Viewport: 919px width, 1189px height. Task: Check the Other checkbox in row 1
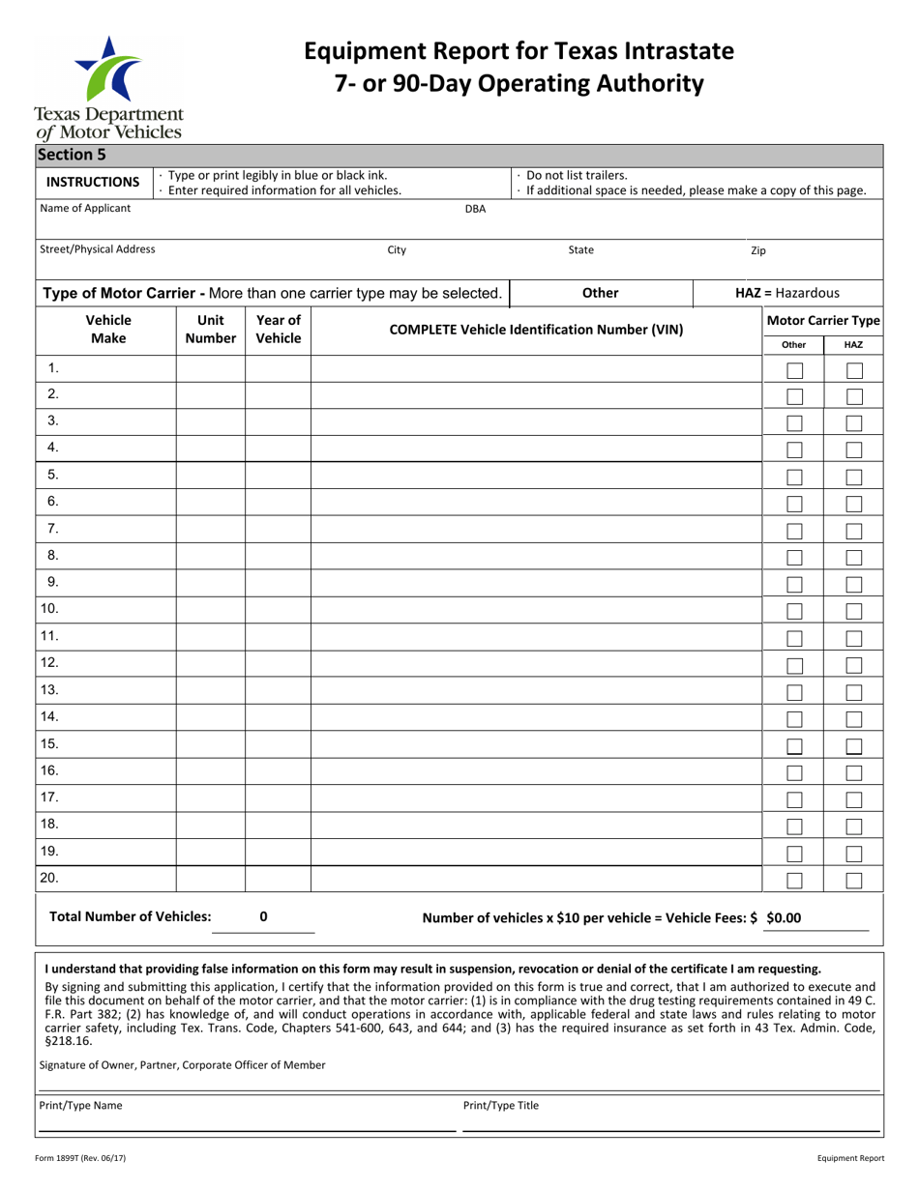[794, 370]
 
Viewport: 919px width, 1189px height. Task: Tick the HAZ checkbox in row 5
[854, 477]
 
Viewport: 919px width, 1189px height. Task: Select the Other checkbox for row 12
[794, 665]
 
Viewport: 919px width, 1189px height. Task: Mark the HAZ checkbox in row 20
[854, 880]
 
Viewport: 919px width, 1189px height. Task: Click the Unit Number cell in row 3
[210, 421]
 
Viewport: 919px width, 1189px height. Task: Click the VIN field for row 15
[535, 744]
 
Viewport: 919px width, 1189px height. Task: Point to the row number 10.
[50, 609]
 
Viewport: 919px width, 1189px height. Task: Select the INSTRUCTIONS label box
[94, 182]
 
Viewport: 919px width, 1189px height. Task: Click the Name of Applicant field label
[85, 208]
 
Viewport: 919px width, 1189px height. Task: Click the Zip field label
[758, 250]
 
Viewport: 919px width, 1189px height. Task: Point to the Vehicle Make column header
[107, 329]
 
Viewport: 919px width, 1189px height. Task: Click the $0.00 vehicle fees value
[784, 918]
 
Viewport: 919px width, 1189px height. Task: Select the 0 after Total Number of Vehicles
[264, 917]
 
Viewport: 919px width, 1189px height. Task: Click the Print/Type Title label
[501, 1106]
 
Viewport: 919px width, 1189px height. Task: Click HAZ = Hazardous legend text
[787, 293]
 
